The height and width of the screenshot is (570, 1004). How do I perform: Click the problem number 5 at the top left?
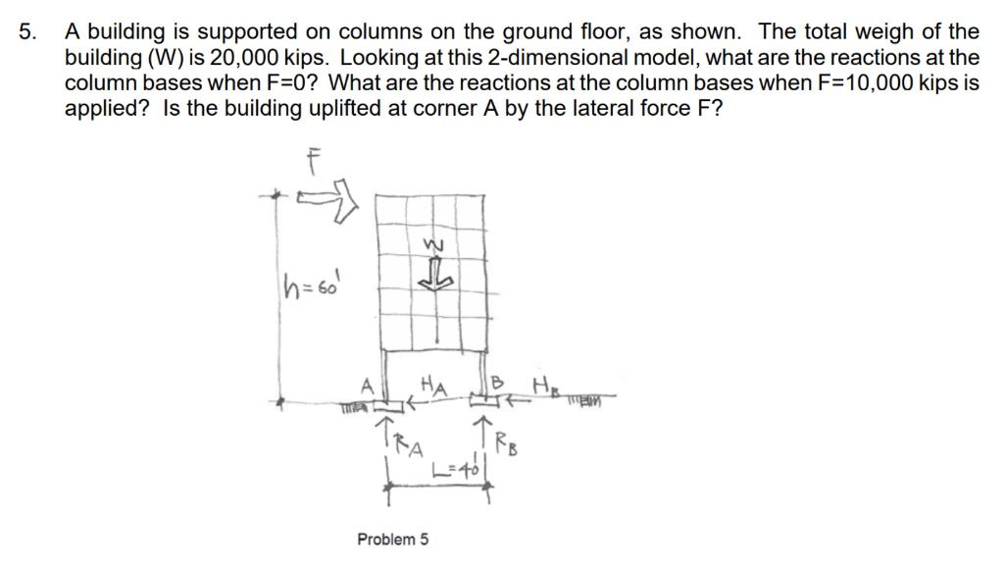26,32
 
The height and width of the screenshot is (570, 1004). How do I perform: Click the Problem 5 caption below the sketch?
392,540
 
